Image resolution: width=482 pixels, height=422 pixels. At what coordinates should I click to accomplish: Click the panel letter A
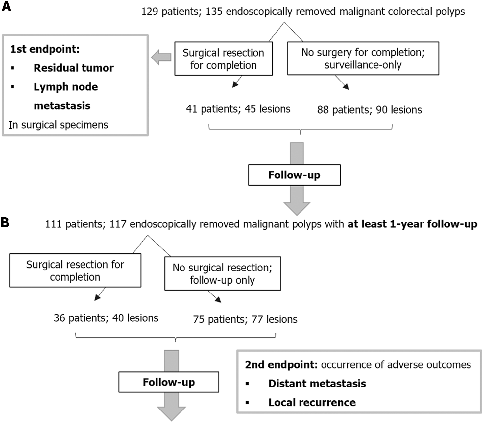[x=6, y=6]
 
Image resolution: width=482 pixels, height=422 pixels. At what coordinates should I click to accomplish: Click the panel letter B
[x=5, y=223]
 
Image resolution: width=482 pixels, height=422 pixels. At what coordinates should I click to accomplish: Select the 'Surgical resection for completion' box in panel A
[x=223, y=59]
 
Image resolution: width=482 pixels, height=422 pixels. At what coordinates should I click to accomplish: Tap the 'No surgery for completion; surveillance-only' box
[x=363, y=59]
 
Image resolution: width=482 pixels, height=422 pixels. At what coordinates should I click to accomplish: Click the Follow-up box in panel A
[x=294, y=175]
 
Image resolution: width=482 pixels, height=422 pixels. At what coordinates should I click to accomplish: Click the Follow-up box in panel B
[x=169, y=382]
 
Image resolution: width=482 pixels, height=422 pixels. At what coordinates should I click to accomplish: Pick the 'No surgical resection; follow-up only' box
[x=222, y=274]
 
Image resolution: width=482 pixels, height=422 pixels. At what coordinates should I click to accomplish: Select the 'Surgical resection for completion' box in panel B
[x=75, y=270]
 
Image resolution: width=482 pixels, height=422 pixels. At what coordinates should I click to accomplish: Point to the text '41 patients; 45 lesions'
[x=238, y=109]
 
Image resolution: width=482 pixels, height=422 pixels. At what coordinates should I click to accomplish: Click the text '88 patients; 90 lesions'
[x=369, y=110]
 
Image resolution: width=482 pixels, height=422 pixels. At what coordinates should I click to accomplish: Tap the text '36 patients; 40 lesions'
[x=106, y=318]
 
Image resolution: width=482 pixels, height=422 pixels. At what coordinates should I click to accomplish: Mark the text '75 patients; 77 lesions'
[x=245, y=319]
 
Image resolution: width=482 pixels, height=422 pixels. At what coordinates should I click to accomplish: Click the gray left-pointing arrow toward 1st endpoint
[x=161, y=58]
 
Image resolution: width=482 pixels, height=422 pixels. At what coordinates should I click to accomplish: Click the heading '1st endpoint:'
[x=45, y=49]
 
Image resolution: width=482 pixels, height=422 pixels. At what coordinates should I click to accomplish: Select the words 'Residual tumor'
[x=74, y=68]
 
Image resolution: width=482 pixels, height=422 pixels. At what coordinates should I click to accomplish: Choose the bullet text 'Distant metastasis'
[x=317, y=384]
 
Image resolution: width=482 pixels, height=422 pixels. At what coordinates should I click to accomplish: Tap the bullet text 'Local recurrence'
[x=312, y=403]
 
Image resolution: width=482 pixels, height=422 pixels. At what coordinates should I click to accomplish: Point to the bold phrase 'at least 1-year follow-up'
[x=412, y=224]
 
